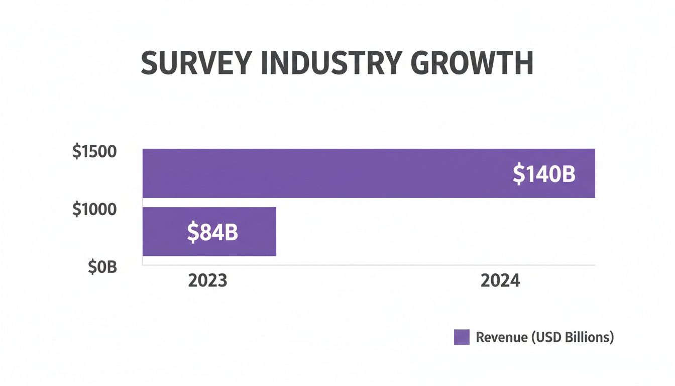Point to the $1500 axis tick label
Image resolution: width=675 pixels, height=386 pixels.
click(x=94, y=152)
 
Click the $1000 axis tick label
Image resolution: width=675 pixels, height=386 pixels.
click(x=94, y=210)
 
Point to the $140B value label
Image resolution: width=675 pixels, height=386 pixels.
click(x=544, y=174)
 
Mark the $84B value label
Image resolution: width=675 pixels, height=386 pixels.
click(x=212, y=232)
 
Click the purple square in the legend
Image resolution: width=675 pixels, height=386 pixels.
click(x=462, y=337)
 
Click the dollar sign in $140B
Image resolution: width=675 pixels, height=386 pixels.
click(x=518, y=174)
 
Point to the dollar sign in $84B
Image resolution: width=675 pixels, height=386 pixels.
click(x=192, y=232)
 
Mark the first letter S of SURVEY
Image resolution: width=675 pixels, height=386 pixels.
click(x=149, y=64)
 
